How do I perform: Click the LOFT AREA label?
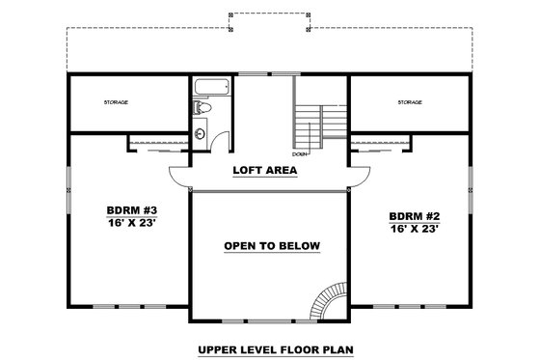click(264, 171)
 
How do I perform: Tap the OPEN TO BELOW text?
click(271, 245)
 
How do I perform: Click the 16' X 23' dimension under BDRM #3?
click(130, 221)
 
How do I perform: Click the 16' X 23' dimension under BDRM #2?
click(415, 230)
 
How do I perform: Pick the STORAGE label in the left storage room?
click(117, 101)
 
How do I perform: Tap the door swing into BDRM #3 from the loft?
click(179, 177)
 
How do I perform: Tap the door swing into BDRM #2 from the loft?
click(360, 176)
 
